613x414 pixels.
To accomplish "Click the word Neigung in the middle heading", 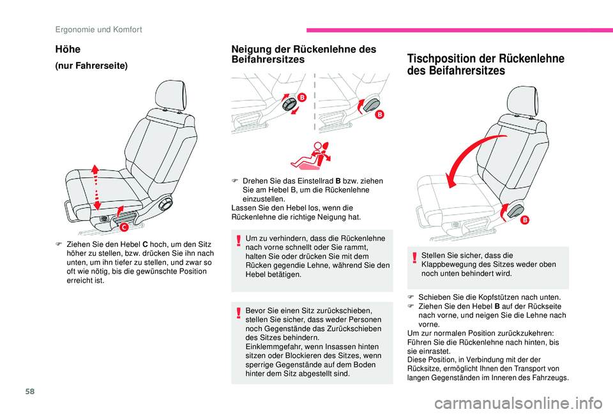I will click(x=250, y=49).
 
